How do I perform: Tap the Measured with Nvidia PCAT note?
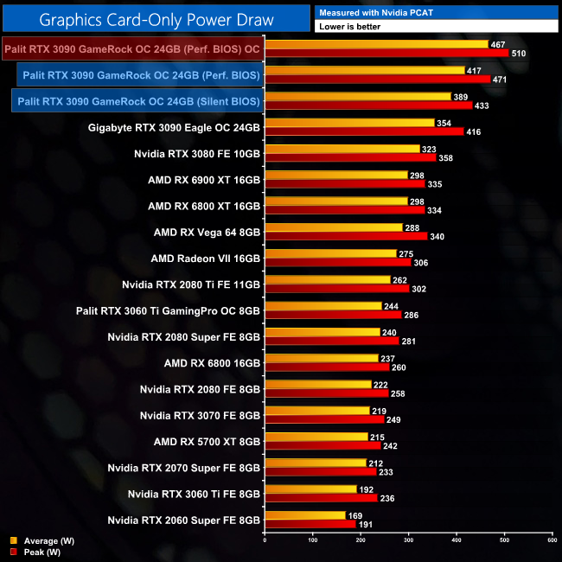(x=375, y=12)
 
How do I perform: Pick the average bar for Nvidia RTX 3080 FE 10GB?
(x=342, y=149)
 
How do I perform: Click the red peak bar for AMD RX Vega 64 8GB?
(x=346, y=236)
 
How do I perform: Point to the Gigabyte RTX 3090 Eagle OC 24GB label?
(x=174, y=128)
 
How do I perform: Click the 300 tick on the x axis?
(x=408, y=540)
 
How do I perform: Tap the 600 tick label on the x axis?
(x=552, y=540)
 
